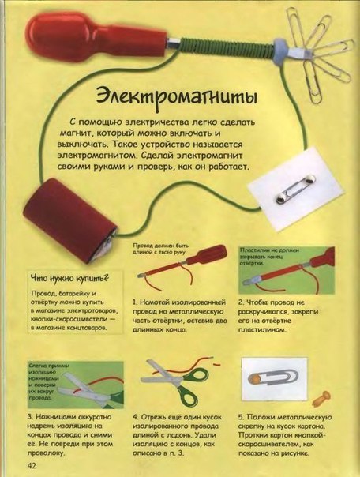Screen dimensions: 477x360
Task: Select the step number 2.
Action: pyautogui.click(x=242, y=302)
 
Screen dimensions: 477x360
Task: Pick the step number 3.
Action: pyautogui.click(x=30, y=415)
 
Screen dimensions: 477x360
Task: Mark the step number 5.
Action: pyautogui.click(x=242, y=415)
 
